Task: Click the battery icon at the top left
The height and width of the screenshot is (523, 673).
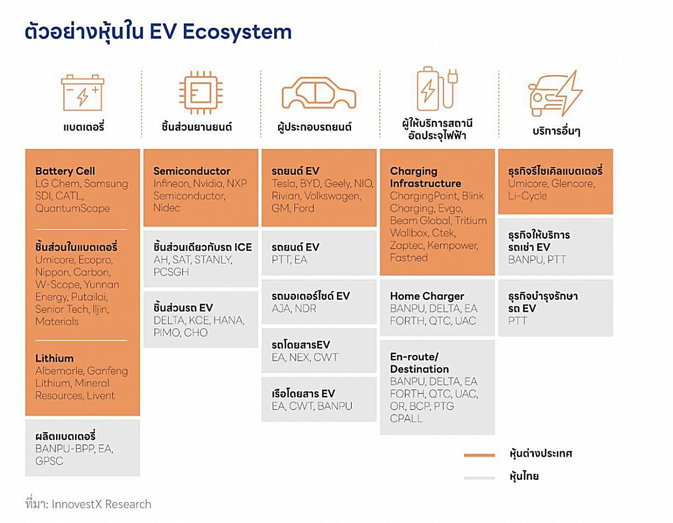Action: pyautogui.click(x=82, y=92)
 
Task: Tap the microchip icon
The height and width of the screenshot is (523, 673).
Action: pyautogui.click(x=201, y=92)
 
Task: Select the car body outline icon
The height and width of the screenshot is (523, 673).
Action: pyautogui.click(x=319, y=93)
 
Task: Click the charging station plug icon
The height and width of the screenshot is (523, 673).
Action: pyautogui.click(x=437, y=89)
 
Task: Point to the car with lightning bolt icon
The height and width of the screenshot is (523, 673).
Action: pyautogui.click(x=555, y=94)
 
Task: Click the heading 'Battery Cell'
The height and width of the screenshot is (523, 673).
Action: pyautogui.click(x=65, y=171)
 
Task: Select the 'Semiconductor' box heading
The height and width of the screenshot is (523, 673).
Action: pyautogui.click(x=192, y=171)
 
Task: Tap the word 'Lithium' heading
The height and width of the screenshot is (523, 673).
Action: pyautogui.click(x=54, y=358)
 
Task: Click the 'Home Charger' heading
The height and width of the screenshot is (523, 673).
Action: pyautogui.click(x=427, y=296)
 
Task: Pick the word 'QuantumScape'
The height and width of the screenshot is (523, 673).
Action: pyautogui.click(x=72, y=209)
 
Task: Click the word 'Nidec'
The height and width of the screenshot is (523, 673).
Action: pyautogui.click(x=167, y=208)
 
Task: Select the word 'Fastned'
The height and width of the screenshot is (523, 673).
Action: pyautogui.click(x=409, y=257)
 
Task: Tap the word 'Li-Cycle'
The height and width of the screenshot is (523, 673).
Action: pyautogui.click(x=527, y=196)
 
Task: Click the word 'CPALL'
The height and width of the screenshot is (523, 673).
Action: pyautogui.click(x=406, y=418)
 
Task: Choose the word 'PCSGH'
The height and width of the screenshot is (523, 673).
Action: pyautogui.click(x=171, y=272)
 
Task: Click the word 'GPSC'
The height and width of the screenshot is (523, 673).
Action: pyautogui.click(x=49, y=461)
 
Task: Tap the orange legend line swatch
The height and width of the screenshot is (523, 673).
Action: pyautogui.click(x=479, y=455)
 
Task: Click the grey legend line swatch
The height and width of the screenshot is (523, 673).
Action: pyautogui.click(x=479, y=478)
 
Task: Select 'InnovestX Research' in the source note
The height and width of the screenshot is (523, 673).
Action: pyautogui.click(x=102, y=504)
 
